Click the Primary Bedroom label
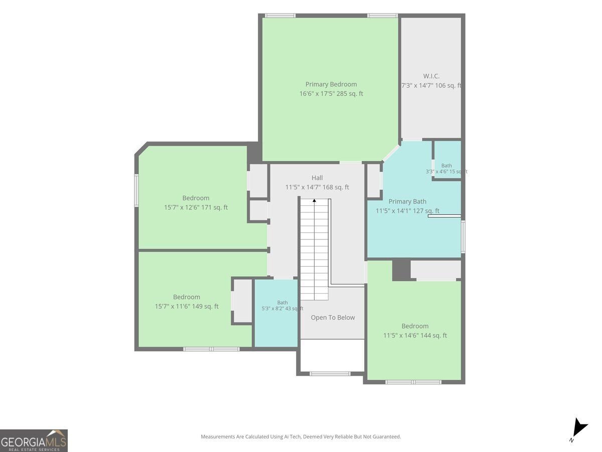coord(331,84)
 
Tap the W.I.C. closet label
coord(431,76)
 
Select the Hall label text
coord(317,178)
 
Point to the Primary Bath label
coord(407,201)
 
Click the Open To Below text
coord(333,317)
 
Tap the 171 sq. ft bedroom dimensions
coord(196,207)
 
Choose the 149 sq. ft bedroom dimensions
coord(187,306)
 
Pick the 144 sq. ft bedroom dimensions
coord(415,335)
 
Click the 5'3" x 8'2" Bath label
coord(282,305)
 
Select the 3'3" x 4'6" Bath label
coord(446,169)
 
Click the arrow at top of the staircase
coord(315,200)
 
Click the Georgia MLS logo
coord(34,440)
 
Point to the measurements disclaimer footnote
coord(300,436)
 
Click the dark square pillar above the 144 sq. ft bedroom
coord(401,270)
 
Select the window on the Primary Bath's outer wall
coord(463,236)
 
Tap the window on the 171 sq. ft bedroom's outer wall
coord(136,190)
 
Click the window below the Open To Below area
coord(330,374)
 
